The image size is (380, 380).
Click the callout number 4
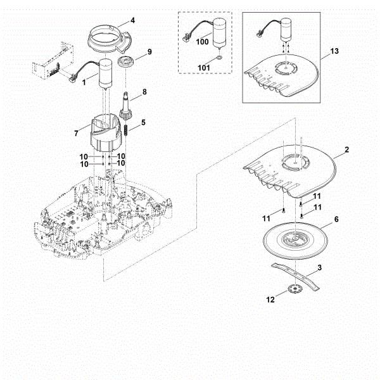[x=132, y=20]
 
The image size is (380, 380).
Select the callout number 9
[x=149, y=51]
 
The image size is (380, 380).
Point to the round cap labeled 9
[x=127, y=63]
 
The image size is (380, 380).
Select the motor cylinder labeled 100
[x=220, y=31]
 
